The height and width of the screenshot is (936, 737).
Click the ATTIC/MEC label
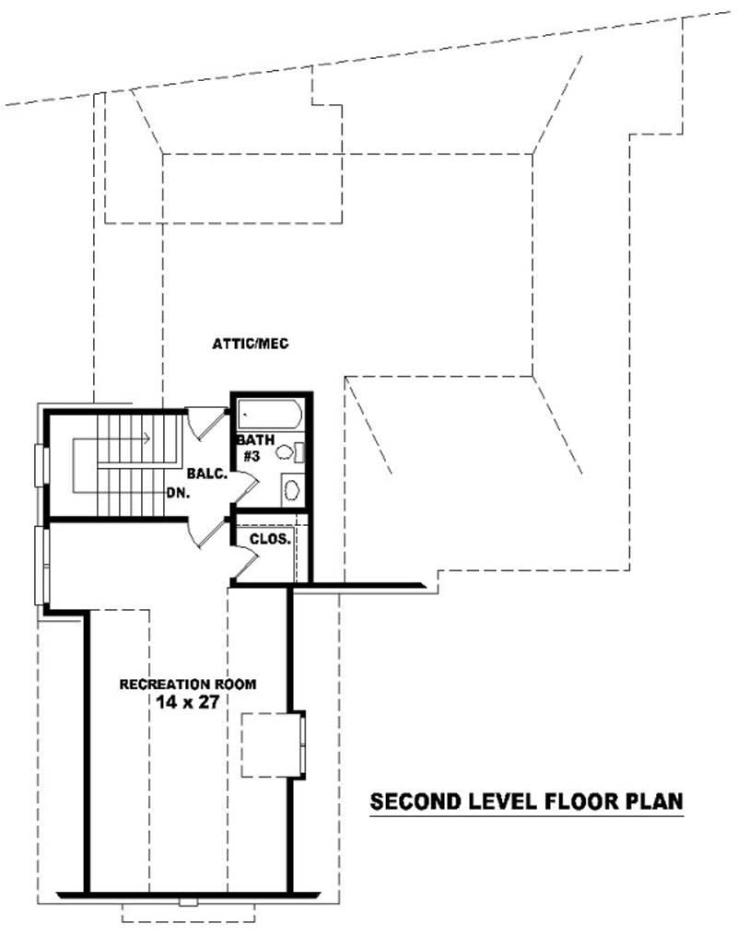tap(251, 344)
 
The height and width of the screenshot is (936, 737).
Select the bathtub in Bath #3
tap(268, 414)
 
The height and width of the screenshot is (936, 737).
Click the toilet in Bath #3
tap(287, 452)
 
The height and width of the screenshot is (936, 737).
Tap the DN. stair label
tap(179, 493)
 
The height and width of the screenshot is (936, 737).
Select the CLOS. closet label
tap(271, 540)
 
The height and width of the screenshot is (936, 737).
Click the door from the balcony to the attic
tap(205, 421)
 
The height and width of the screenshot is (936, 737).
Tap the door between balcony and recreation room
tap(207, 532)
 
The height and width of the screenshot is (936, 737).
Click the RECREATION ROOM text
tap(188, 684)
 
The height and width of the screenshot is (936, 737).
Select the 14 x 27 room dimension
tap(188, 702)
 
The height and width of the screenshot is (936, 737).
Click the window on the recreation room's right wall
tap(302, 744)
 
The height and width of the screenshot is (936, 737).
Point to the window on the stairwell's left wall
tap(39, 464)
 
